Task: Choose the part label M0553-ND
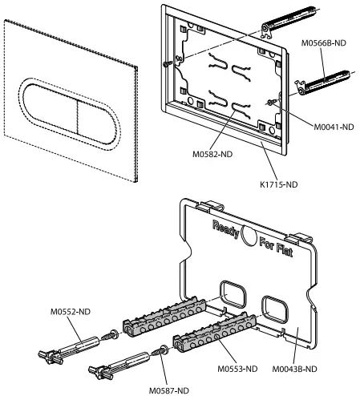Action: coord(237,369)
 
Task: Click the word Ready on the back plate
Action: coord(227,230)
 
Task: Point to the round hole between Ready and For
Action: coord(250,237)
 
